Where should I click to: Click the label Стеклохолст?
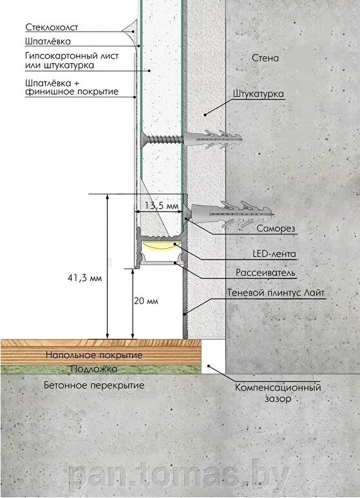click(52, 27)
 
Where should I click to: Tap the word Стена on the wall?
click(265, 58)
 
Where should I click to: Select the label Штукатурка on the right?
click(258, 94)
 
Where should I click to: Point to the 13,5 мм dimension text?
click(162, 206)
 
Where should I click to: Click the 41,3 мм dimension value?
click(85, 278)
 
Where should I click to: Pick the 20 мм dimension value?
click(146, 300)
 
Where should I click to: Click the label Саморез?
click(276, 228)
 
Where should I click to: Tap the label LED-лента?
click(274, 253)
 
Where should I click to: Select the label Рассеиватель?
click(265, 273)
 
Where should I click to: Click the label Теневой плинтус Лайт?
click(276, 292)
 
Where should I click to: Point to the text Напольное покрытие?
click(94, 355)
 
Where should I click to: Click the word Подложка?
click(94, 369)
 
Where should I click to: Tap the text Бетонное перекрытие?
click(94, 385)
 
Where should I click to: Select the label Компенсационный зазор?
click(278, 393)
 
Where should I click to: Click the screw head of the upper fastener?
click(143, 139)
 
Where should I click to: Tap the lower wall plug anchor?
click(232, 213)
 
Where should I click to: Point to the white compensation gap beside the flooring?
click(213, 356)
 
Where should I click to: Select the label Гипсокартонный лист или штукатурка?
click(71, 61)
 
